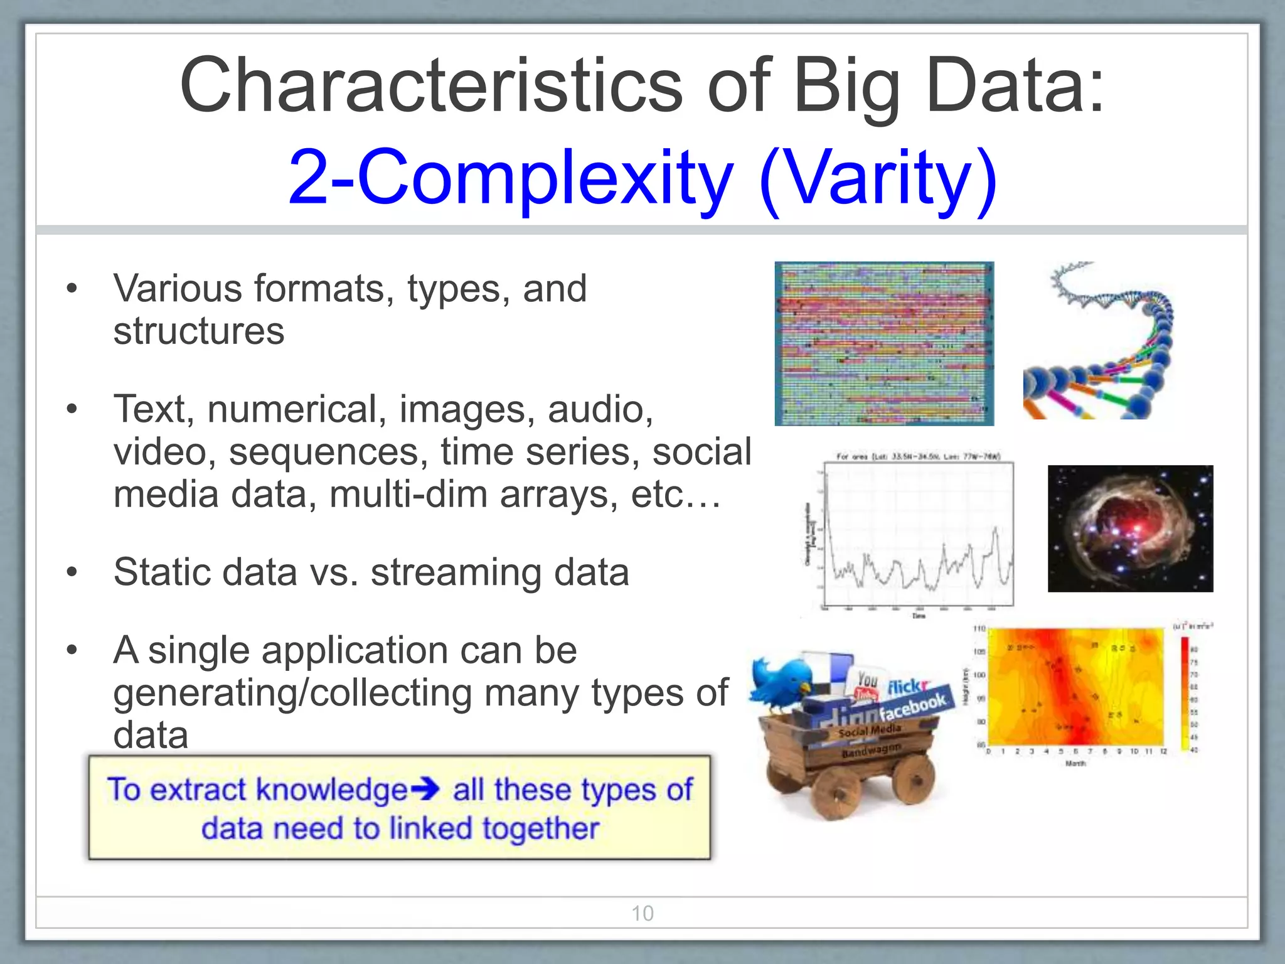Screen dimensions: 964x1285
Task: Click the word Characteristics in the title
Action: click(430, 86)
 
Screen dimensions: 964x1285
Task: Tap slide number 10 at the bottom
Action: click(642, 913)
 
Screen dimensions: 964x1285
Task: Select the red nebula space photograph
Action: click(1130, 528)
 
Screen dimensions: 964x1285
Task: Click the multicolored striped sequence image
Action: click(884, 343)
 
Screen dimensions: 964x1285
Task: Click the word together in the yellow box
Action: click(540, 828)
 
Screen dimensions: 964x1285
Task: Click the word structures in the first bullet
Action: click(198, 331)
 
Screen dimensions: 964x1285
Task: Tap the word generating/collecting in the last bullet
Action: click(292, 693)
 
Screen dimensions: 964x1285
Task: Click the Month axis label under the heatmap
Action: click(1075, 764)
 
